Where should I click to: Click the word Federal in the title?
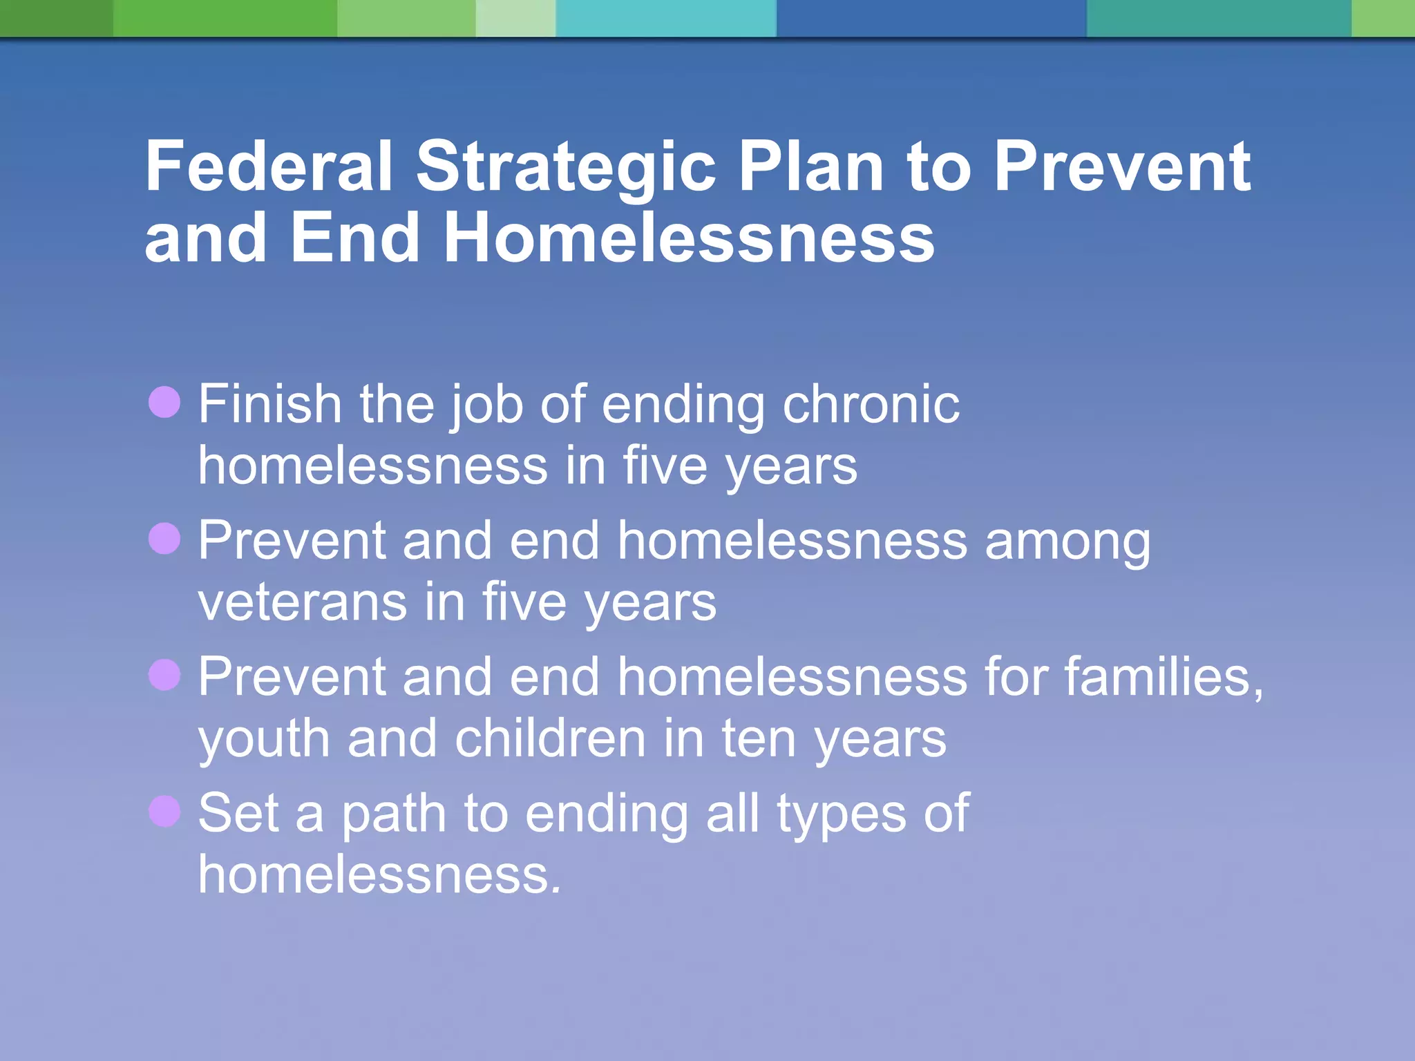tap(268, 166)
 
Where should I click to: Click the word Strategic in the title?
tap(565, 166)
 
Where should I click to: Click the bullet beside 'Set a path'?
tap(164, 811)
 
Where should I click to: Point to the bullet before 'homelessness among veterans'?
tap(164, 538)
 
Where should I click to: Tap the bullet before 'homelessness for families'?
tap(164, 674)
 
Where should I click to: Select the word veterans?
tap(302, 602)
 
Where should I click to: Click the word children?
tap(550, 739)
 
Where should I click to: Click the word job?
tap(486, 405)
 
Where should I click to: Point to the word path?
tap(394, 815)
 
